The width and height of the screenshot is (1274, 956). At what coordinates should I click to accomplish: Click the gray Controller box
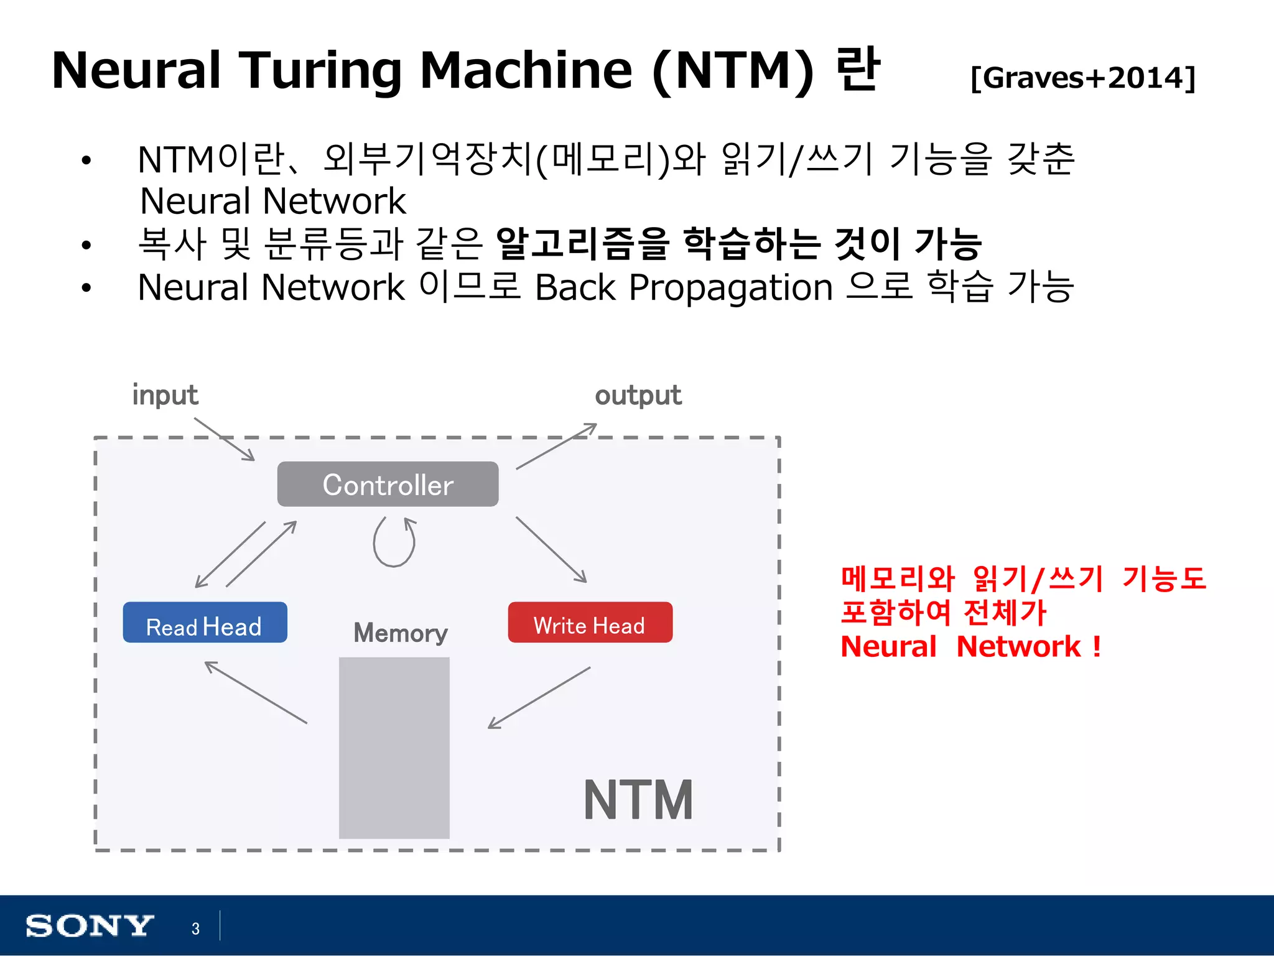coord(388,484)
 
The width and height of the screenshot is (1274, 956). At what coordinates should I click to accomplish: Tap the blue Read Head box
coord(205,623)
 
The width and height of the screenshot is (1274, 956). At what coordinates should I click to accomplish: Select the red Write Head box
coord(590,623)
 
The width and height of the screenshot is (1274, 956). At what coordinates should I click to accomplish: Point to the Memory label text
coord(400,633)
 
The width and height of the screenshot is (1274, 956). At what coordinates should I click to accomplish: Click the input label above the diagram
coord(165,396)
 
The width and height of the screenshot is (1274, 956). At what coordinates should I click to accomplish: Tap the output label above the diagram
coord(638,396)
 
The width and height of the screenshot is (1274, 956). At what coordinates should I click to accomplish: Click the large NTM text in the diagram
coord(638,801)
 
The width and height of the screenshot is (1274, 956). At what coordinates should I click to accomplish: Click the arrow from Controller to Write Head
coord(551,550)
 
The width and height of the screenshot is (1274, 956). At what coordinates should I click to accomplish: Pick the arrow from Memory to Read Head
coord(256,692)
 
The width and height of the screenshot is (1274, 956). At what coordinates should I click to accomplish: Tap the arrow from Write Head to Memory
coord(539,697)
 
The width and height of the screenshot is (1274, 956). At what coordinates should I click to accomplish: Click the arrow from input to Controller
coord(225,439)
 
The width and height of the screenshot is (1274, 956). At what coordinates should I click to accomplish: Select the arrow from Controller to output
coord(556,446)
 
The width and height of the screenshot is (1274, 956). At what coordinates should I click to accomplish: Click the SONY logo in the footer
coord(89,926)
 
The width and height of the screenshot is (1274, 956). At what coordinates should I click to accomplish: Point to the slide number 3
coord(195,929)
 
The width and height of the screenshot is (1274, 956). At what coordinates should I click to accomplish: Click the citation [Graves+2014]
coord(1082,78)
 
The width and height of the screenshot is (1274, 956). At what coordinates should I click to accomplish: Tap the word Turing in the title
coord(320,71)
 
